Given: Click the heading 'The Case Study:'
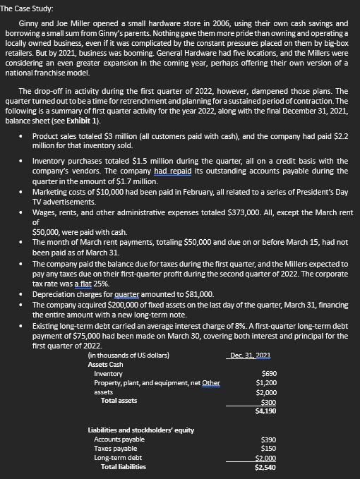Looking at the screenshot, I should point(27,6).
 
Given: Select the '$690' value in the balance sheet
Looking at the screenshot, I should point(268,372).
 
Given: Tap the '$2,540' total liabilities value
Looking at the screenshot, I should point(265,466).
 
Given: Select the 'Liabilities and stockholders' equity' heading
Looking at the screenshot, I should point(140,429).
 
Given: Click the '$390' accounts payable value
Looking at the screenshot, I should point(268,439).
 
